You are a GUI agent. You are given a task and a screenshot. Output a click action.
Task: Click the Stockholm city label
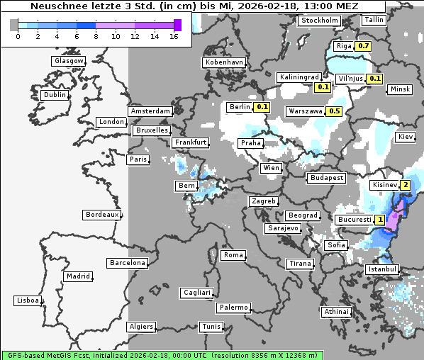(319, 21)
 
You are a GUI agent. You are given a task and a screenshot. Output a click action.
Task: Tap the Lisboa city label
(27, 300)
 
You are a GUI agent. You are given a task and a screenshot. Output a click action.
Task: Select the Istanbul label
(382, 269)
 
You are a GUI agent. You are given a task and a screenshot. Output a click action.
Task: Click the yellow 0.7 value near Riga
(363, 46)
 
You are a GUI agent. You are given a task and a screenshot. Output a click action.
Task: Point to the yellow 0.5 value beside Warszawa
(335, 111)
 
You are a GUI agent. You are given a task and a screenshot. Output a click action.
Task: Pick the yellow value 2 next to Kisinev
(405, 186)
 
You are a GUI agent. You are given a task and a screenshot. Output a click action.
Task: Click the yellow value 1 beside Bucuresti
(381, 220)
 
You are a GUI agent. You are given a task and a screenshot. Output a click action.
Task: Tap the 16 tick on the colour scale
(174, 36)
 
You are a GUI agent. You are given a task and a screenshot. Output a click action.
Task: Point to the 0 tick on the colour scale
(17, 36)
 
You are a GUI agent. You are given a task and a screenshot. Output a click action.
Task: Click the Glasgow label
(68, 61)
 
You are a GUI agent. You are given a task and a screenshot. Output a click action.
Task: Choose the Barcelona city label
(127, 263)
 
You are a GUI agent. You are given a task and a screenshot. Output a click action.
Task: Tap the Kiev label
(406, 137)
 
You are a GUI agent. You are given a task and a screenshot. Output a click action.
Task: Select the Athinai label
(336, 312)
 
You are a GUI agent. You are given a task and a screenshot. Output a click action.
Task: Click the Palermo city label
(233, 308)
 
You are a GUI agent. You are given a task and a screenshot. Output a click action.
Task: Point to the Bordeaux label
(101, 215)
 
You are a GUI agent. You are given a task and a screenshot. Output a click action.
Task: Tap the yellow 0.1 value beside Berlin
(262, 107)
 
